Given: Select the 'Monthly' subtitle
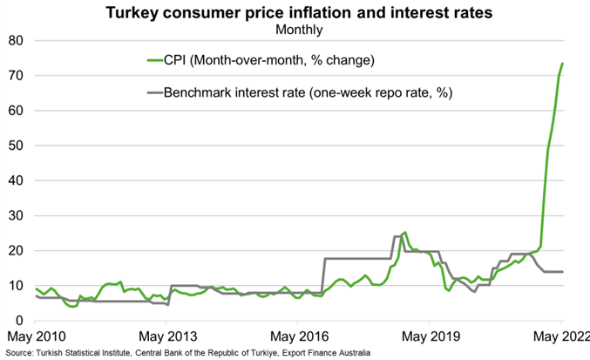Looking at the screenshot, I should (298, 30).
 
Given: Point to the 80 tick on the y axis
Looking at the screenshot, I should (16, 41).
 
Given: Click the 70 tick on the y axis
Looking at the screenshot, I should (16, 76).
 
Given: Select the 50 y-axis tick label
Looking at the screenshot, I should (16, 146).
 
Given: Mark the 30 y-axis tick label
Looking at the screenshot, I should (16, 215).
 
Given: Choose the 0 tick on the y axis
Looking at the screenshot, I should (20, 320).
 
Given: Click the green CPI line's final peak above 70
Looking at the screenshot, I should (562, 64).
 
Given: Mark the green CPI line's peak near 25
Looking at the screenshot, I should (404, 233).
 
